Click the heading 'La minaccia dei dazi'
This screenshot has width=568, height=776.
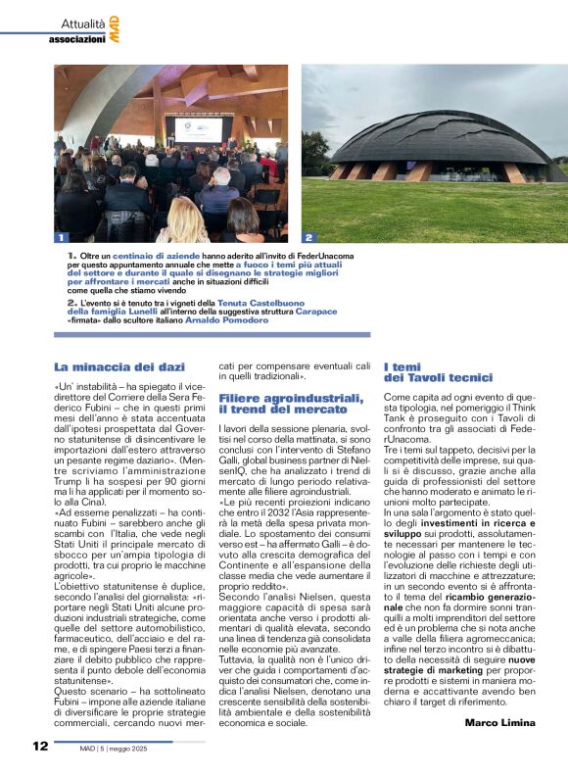coord(119,366)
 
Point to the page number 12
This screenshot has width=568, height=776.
coord(39,746)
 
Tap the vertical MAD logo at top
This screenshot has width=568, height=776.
coord(115,28)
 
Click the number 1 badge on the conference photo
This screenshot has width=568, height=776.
coord(61,237)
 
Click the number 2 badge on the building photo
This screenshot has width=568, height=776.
coord(308,237)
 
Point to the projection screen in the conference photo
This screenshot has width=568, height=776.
coord(198,128)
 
